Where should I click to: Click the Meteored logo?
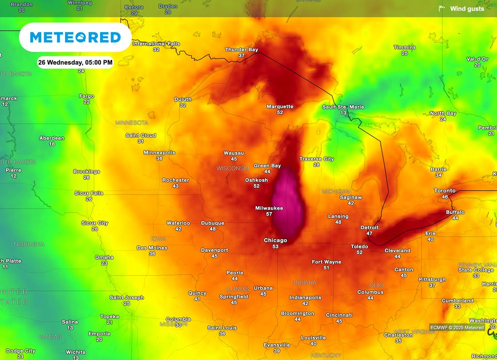click(x=75, y=37)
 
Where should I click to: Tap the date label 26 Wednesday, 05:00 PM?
click(x=75, y=63)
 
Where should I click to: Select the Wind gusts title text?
click(x=467, y=9)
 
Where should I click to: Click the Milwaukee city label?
click(x=269, y=208)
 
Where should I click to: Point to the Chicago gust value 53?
click(x=275, y=246)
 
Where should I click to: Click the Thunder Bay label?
click(x=241, y=49)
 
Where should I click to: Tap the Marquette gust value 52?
click(x=280, y=113)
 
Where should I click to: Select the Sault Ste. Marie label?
click(x=343, y=107)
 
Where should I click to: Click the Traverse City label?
click(x=316, y=159)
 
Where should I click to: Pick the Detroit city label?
click(x=369, y=228)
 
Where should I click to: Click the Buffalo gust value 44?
click(x=455, y=218)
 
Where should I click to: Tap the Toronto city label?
click(x=445, y=191)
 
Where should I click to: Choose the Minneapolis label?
click(x=159, y=152)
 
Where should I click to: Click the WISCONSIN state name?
click(x=232, y=168)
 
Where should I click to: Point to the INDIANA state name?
click(x=305, y=282)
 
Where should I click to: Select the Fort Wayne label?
click(x=326, y=262)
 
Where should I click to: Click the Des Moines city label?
click(x=152, y=248)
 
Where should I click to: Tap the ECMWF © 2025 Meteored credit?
click(x=457, y=327)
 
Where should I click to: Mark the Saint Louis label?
click(x=222, y=328)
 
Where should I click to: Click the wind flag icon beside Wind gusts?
click(x=442, y=8)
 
